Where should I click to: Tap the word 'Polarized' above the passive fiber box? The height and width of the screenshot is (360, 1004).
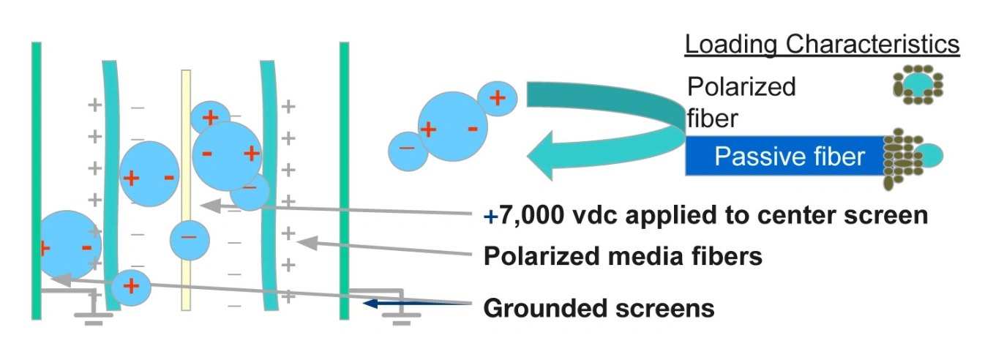(741, 87)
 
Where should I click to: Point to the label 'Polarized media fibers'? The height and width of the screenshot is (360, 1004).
(623, 256)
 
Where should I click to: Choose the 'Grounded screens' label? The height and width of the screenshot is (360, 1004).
(599, 308)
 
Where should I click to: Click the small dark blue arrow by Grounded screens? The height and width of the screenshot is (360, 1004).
(380, 302)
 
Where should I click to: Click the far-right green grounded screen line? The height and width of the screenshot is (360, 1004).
(344, 180)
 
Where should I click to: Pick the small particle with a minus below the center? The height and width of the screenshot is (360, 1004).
(190, 238)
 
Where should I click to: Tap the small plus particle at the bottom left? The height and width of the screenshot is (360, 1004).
(131, 286)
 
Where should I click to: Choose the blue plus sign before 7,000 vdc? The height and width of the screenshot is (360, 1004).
(490, 217)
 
